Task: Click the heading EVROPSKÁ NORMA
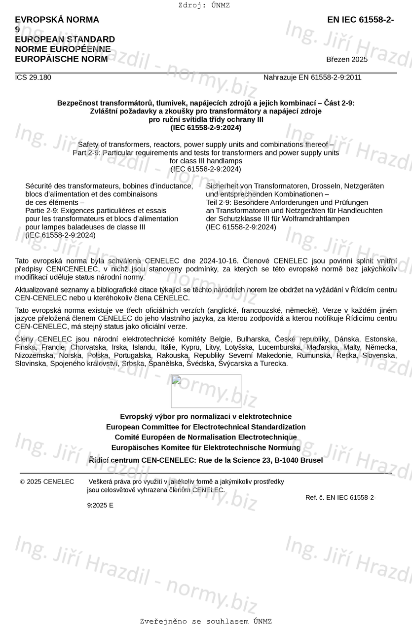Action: (x=57, y=20)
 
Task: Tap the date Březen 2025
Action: (x=347, y=60)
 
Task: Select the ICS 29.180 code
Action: (x=33, y=77)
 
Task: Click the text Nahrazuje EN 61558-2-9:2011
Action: (x=312, y=77)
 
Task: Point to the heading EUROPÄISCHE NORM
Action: (x=61, y=59)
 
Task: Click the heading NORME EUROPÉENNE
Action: (x=63, y=49)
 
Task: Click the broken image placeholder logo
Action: (x=206, y=391)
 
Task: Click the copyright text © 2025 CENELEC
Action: (x=47, y=482)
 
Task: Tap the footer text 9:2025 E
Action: (x=100, y=505)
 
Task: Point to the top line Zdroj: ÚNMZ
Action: (x=204, y=5)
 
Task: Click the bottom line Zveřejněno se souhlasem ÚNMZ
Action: (x=206, y=622)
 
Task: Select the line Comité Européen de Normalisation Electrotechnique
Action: (x=206, y=438)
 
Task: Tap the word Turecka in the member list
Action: (x=274, y=364)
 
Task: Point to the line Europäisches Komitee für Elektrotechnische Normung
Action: (x=206, y=448)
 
